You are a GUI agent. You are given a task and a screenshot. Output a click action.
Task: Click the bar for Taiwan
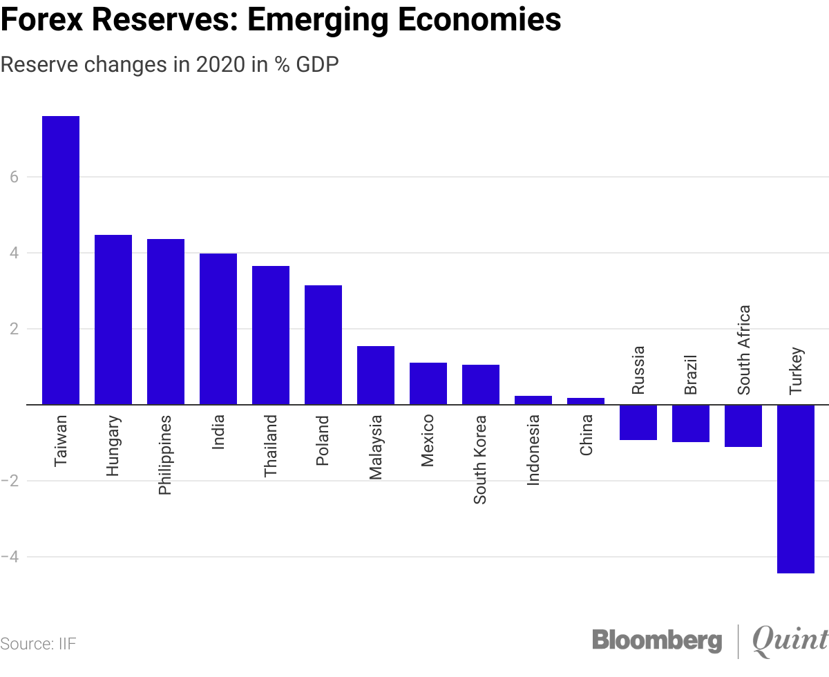click(x=61, y=260)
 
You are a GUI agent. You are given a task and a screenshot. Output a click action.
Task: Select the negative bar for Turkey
click(x=796, y=488)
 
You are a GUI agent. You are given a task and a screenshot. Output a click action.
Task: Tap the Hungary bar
click(x=113, y=319)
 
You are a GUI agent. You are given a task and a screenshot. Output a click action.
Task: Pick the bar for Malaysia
click(x=376, y=375)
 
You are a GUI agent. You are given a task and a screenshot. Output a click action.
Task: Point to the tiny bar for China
click(x=586, y=401)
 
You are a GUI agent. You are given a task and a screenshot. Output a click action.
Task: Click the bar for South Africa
click(x=743, y=426)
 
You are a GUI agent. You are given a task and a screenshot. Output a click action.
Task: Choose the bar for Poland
click(x=323, y=345)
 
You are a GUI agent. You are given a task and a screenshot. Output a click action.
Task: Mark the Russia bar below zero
click(x=638, y=422)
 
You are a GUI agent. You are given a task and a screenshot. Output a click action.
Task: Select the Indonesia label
click(x=533, y=450)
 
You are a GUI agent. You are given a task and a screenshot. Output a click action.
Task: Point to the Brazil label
click(x=691, y=375)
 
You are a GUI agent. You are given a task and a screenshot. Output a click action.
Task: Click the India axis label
click(x=218, y=432)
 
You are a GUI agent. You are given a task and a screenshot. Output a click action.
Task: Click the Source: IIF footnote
click(x=38, y=644)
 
